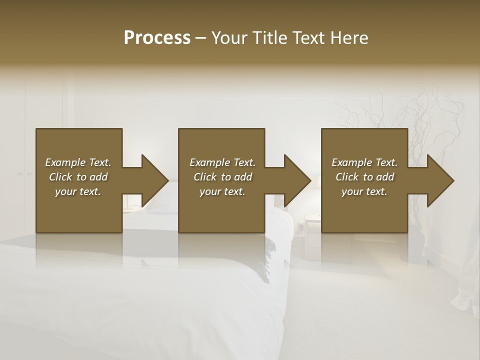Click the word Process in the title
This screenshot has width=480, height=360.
157,38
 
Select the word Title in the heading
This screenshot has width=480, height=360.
271,38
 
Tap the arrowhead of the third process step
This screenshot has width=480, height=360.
439,180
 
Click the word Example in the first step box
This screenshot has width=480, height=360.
65,162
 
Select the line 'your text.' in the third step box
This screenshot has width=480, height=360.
364,191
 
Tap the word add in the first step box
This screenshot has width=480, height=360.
99,177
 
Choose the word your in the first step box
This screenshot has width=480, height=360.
65,191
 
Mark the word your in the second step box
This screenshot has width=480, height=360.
210,191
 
